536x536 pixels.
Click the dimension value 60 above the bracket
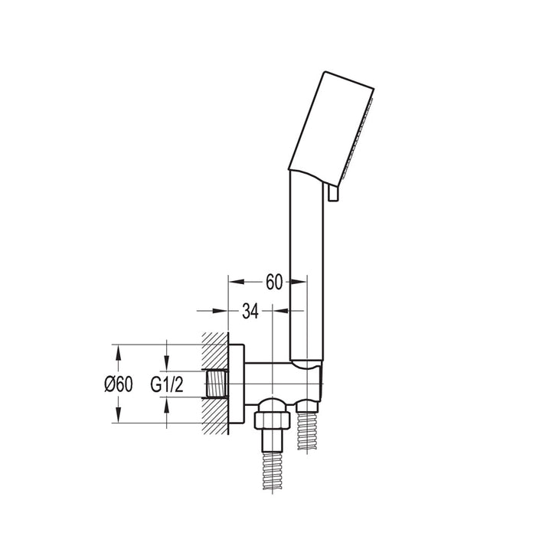(274, 282)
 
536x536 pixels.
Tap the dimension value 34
(250, 311)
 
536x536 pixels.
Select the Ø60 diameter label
(118, 384)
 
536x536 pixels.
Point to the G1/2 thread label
(167, 384)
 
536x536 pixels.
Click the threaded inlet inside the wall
(217, 384)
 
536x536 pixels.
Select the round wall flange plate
(237, 384)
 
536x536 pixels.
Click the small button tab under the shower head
(332, 193)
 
